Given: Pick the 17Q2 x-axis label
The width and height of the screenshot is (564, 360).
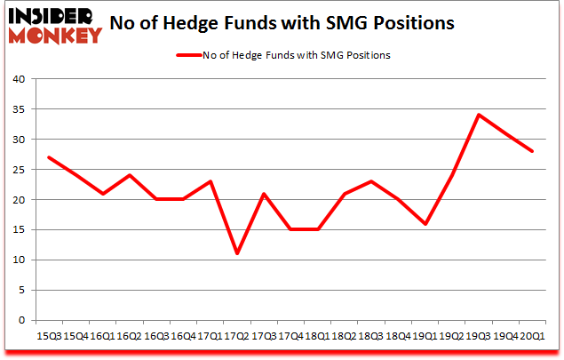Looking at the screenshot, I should (x=237, y=336).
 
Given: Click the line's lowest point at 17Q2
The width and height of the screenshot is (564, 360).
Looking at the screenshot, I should (x=237, y=253).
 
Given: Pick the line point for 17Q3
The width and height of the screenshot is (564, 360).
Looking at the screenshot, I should (x=265, y=194).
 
